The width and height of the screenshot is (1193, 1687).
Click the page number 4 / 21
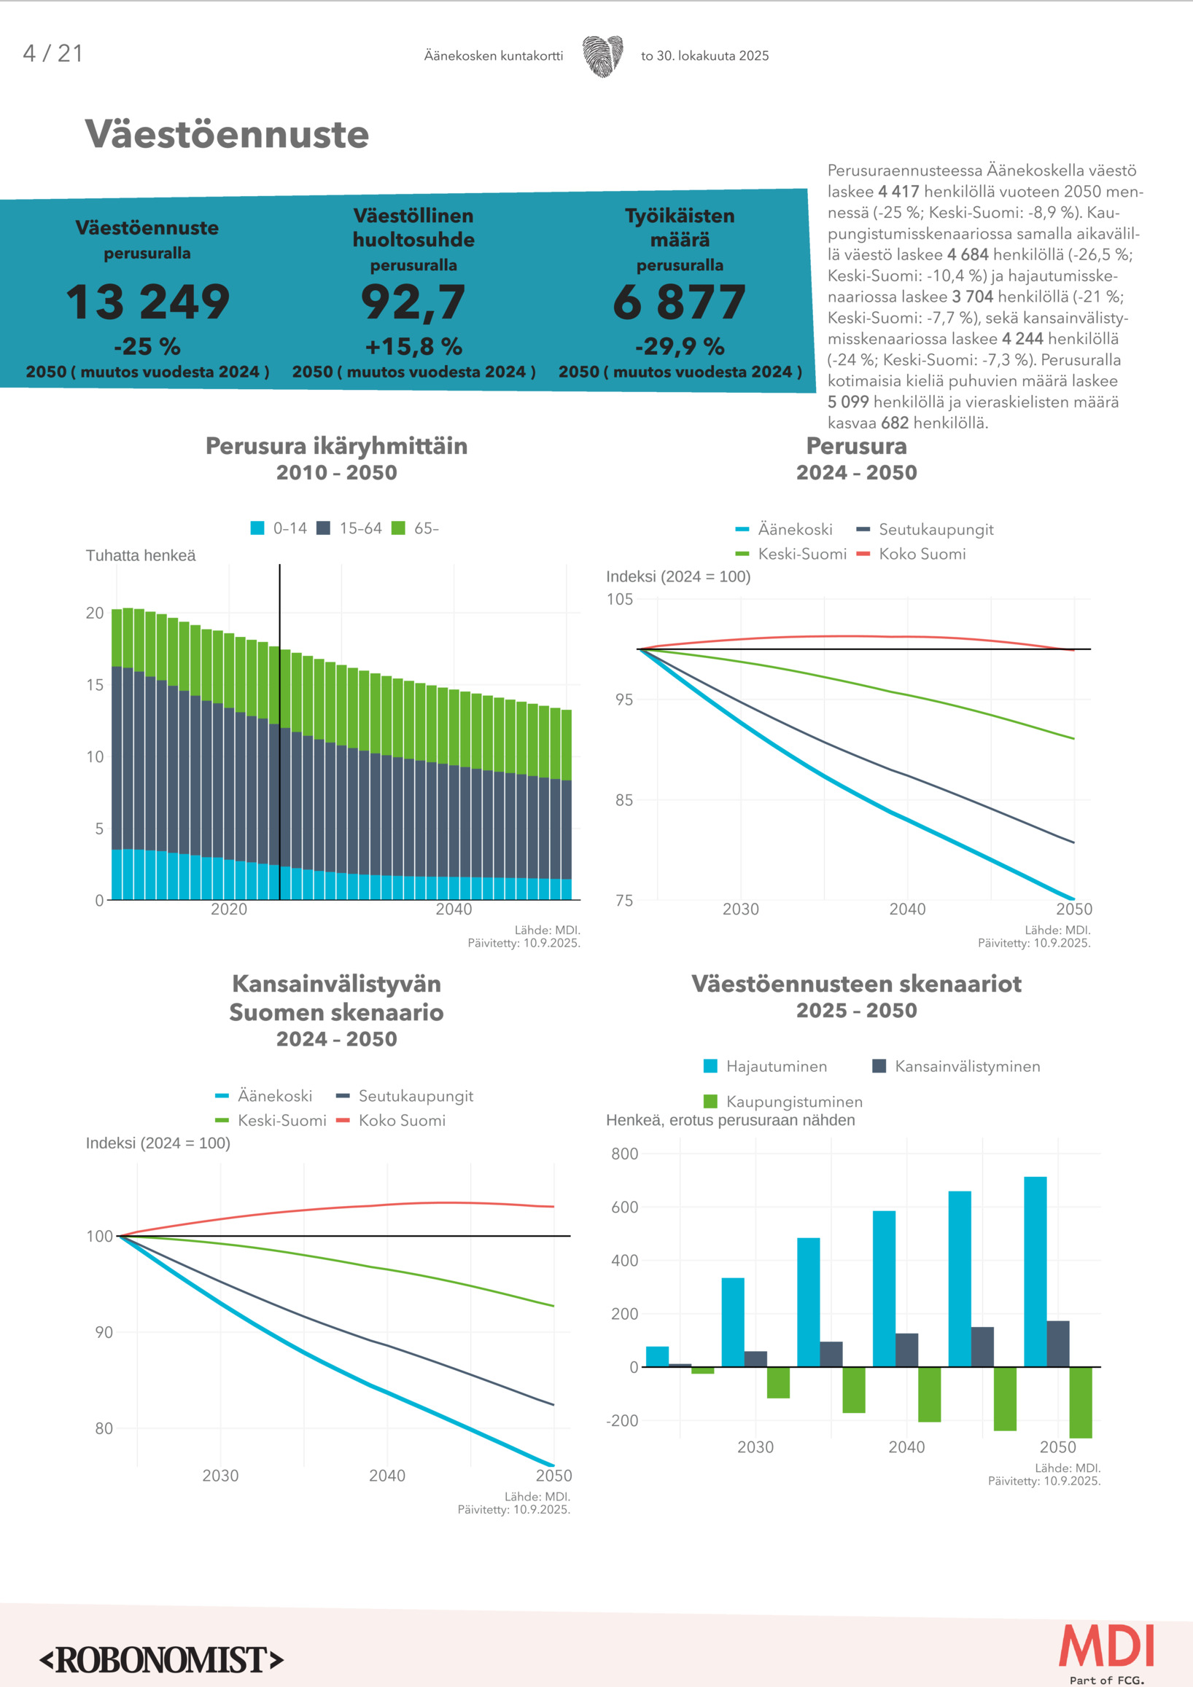point(53,54)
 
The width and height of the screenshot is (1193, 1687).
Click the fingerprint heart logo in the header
point(603,56)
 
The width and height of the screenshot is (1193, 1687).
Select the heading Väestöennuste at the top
point(226,135)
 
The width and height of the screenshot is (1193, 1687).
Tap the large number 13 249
point(148,302)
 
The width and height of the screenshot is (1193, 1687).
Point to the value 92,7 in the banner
point(413,302)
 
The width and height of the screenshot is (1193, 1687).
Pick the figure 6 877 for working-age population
point(679,302)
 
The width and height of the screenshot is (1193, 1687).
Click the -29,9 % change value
point(679,346)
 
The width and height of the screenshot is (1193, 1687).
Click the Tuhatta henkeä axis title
point(141,555)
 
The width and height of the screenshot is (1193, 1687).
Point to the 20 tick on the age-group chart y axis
point(95,613)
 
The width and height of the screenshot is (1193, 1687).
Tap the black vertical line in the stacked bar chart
point(279,735)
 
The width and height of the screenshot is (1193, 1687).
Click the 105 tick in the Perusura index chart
point(619,600)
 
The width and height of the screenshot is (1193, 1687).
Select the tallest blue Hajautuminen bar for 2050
point(1035,1271)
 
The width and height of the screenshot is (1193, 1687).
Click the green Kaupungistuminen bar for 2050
point(1080,1402)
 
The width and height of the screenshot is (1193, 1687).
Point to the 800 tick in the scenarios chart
point(624,1154)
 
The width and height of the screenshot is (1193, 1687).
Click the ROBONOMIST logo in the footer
point(162,1660)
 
